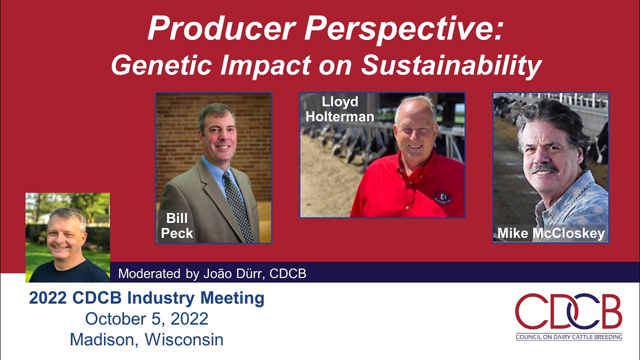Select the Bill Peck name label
[177, 226]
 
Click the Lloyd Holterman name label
[340, 109]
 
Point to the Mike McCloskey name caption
[550, 233]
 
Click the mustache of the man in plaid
[544, 169]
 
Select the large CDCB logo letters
[568, 311]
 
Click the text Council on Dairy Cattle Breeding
[569, 337]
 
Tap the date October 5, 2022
[146, 318]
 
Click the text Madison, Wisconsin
[146, 339]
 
